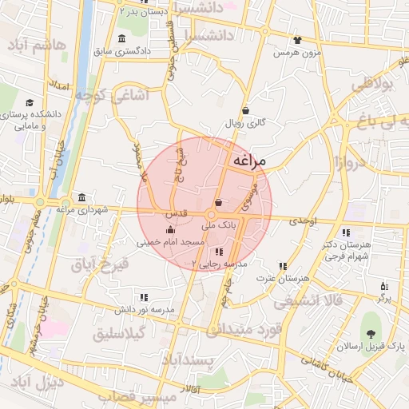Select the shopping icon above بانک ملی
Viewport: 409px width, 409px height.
point(218,204)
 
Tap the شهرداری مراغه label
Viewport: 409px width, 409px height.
point(83,209)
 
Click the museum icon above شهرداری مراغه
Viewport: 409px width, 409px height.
point(83,198)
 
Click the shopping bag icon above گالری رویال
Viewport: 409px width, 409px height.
point(244,111)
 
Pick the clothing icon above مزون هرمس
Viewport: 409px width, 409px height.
point(297,40)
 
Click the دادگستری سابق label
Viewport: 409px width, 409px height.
point(122,51)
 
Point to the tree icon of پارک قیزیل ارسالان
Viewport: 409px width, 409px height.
point(370,333)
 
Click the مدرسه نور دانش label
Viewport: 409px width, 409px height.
point(144,308)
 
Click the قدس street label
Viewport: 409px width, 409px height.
point(176,215)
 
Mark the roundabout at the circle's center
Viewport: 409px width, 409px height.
point(212,214)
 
